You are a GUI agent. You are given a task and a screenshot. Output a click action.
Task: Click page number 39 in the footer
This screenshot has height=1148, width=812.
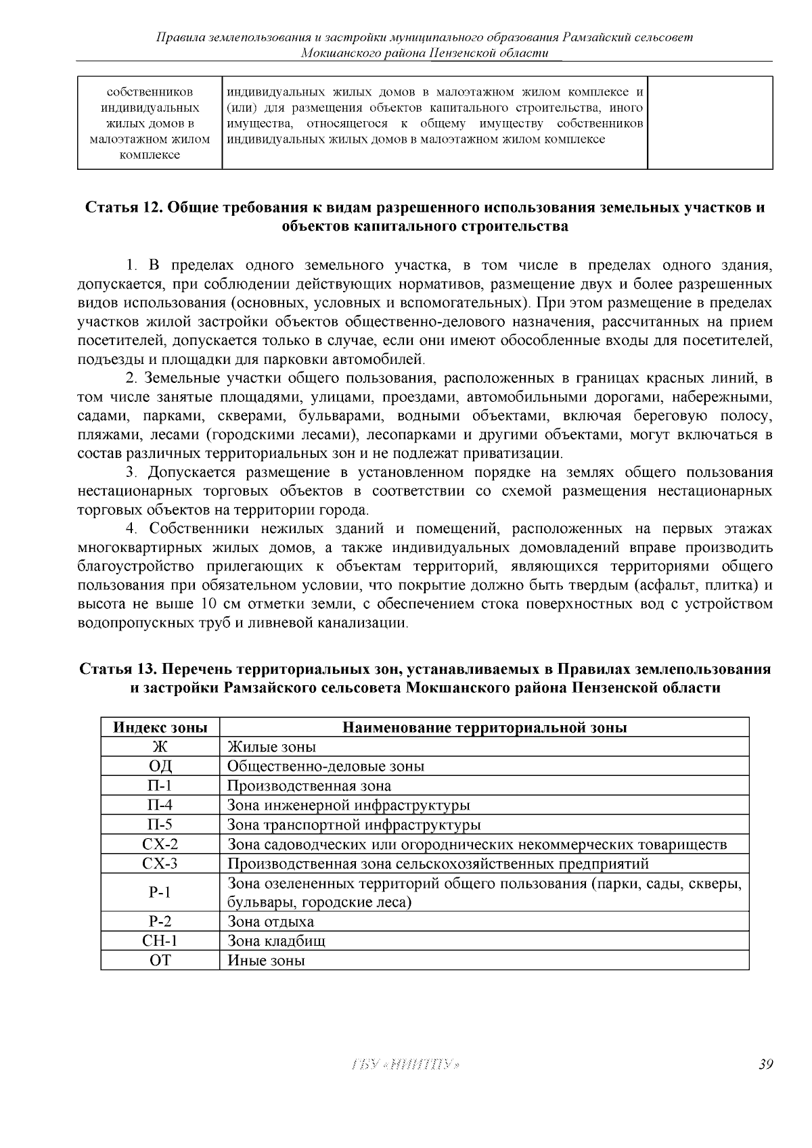click(765, 1065)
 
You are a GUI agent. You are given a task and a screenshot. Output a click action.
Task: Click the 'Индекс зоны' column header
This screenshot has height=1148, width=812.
click(160, 727)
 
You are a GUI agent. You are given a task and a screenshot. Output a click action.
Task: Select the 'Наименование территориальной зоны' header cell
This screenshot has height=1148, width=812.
click(484, 727)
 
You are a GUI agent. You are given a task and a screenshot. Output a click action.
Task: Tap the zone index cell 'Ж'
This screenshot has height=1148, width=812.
click(160, 747)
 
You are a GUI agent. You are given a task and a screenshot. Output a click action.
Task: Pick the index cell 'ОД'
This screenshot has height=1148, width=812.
click(160, 766)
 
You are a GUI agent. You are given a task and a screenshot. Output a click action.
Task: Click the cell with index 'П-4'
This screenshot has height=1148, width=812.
click(160, 805)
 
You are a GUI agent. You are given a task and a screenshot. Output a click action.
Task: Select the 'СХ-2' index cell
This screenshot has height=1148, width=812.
click(160, 844)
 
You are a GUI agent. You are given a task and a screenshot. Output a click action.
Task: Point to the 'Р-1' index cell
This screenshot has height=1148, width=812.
click(160, 892)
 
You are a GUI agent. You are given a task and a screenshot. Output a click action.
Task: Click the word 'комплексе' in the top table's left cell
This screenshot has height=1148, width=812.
click(150, 155)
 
